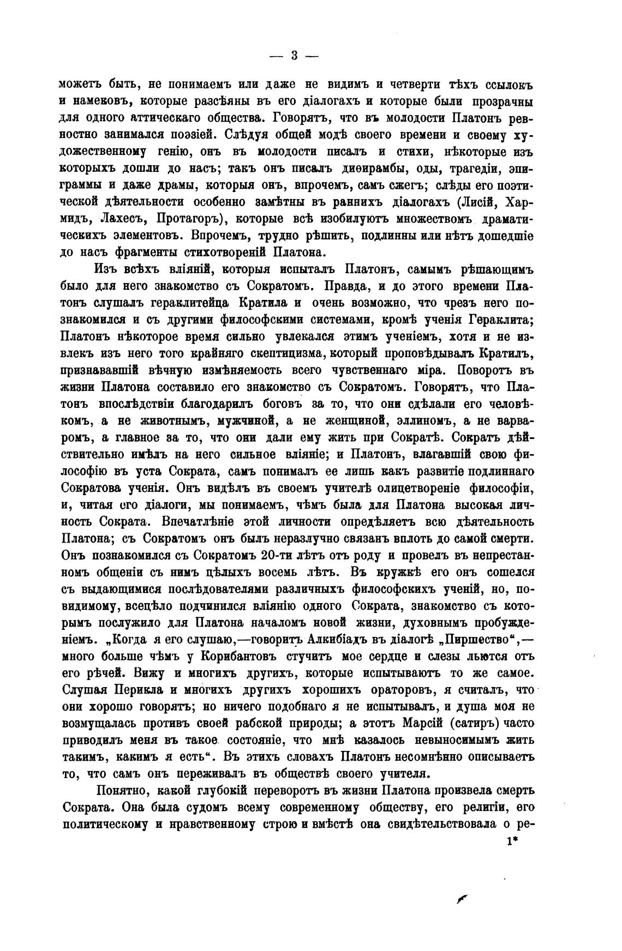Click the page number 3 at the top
click(295, 56)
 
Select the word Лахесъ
click(122, 219)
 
